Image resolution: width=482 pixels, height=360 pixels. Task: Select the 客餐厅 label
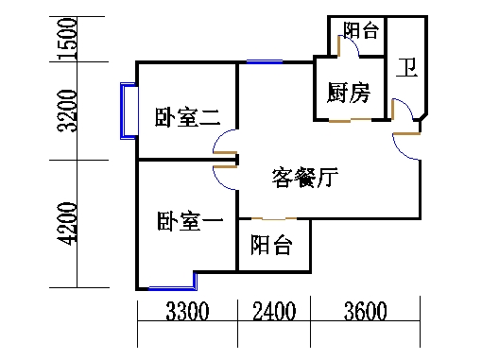pyautogui.click(x=304, y=177)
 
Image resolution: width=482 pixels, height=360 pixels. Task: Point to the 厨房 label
pyautogui.click(x=348, y=93)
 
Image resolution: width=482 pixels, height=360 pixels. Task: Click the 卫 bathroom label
pyautogui.click(x=406, y=68)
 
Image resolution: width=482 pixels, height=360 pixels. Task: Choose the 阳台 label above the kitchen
pyautogui.click(x=360, y=31)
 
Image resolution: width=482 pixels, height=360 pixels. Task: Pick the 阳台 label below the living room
pyautogui.click(x=271, y=247)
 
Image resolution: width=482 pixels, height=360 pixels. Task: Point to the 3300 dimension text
pyautogui.click(x=187, y=312)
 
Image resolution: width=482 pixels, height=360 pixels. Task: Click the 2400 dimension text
pyautogui.click(x=274, y=312)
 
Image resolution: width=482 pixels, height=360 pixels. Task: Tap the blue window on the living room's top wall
pyautogui.click(x=264, y=62)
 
